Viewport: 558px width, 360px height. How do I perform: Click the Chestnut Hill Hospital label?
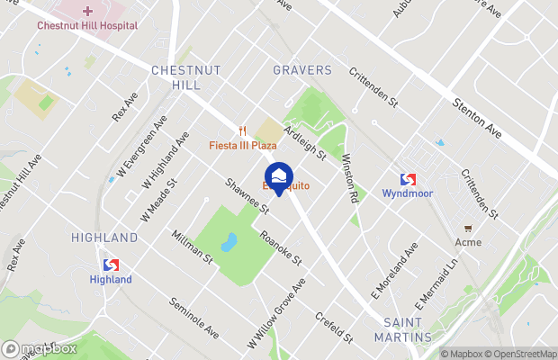(87, 26)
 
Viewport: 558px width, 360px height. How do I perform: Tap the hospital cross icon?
(87, 11)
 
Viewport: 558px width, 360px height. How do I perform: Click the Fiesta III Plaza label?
(243, 145)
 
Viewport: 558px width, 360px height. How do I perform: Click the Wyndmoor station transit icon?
(408, 179)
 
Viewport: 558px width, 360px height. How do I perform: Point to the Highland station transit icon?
(111, 265)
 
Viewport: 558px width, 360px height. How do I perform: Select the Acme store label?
(468, 242)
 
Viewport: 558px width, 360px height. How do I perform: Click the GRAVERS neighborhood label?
(302, 70)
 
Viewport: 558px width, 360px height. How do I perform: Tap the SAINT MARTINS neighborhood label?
(407, 328)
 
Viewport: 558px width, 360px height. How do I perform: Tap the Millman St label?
(192, 247)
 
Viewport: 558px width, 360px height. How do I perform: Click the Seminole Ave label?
(194, 319)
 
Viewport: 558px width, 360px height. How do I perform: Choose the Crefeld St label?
(334, 327)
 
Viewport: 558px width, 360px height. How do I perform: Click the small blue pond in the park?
(229, 242)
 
